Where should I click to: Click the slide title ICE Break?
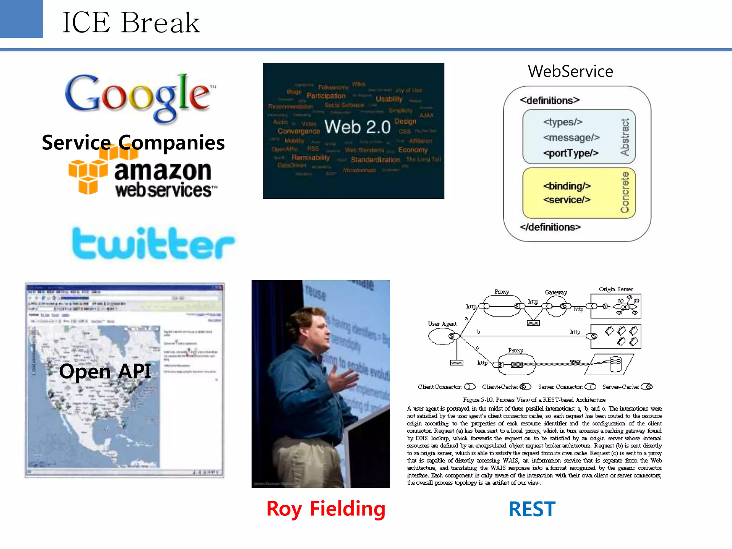click(131, 23)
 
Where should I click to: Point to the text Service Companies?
click(133, 142)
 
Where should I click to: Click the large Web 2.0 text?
click(357, 127)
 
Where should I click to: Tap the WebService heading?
click(570, 71)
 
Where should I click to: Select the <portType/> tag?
click(571, 153)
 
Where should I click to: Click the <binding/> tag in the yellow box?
click(567, 186)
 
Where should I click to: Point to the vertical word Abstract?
click(624, 137)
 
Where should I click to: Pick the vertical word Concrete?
click(624, 192)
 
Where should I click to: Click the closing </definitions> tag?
click(550, 227)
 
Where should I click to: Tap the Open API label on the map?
click(105, 371)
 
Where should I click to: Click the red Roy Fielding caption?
click(326, 509)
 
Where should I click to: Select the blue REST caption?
click(532, 509)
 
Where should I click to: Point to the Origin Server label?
click(615, 289)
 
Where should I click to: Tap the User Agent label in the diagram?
click(442, 324)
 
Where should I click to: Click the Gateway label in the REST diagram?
click(555, 292)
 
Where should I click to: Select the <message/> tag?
click(571, 138)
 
